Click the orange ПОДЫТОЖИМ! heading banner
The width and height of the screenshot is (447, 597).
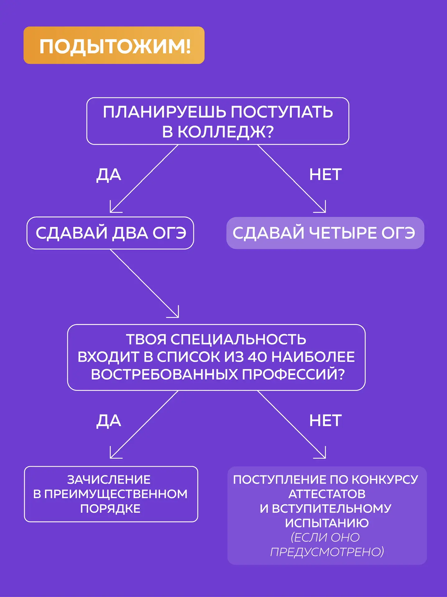(x=114, y=45)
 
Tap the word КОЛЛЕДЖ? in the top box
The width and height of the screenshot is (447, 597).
(x=226, y=132)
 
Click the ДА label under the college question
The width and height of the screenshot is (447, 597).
(x=109, y=175)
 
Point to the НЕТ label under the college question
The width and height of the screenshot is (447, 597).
(x=325, y=175)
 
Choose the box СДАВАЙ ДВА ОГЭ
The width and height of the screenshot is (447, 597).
(x=110, y=233)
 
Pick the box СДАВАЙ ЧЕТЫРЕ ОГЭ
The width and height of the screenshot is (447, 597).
(x=325, y=233)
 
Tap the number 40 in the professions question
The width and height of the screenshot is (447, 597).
(x=257, y=357)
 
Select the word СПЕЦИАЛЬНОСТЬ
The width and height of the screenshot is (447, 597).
(x=238, y=340)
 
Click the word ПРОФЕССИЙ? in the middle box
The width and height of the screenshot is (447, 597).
(x=293, y=374)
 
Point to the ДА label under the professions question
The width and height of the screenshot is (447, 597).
(x=109, y=421)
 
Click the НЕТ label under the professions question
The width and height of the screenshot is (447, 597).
(x=325, y=421)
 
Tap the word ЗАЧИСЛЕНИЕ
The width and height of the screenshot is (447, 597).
(x=109, y=480)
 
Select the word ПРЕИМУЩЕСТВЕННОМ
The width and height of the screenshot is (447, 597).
(x=116, y=494)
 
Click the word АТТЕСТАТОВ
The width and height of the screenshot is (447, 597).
(x=327, y=494)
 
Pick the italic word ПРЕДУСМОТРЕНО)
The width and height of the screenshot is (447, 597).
(x=327, y=552)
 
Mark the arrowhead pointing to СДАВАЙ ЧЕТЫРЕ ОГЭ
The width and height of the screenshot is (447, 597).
(x=324, y=211)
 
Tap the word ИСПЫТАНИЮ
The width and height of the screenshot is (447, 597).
(x=327, y=523)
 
